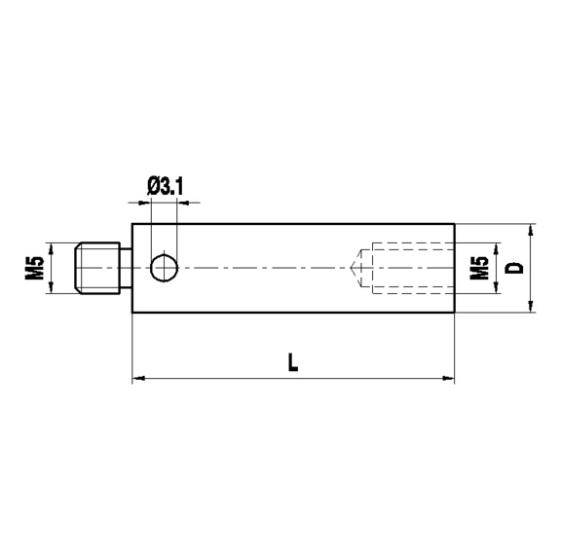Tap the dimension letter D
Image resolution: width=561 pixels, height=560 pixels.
[x=516, y=267]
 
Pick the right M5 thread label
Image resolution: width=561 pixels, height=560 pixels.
[x=478, y=268]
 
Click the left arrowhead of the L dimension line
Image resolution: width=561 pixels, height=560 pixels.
[x=137, y=376]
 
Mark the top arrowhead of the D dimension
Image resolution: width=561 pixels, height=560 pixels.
[x=531, y=230]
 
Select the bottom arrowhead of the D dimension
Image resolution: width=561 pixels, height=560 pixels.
[x=531, y=306]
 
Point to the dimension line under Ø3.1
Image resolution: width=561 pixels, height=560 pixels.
[x=164, y=203]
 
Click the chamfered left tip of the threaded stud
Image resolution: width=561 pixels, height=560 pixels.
[x=80, y=267]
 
